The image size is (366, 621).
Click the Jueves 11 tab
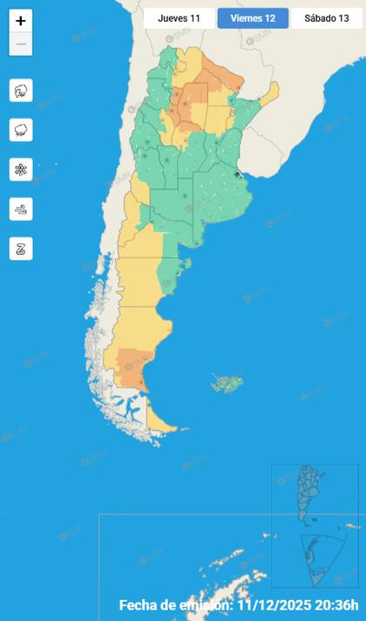click(179, 18)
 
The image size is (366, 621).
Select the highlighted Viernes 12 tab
click(253, 18)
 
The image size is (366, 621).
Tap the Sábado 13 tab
click(326, 18)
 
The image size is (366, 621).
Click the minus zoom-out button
click(21, 44)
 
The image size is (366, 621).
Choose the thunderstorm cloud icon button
click(21, 91)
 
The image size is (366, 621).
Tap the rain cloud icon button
click(21, 130)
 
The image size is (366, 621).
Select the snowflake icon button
click(21, 169)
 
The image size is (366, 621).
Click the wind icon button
click(21, 208)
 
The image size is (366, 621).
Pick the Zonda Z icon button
click(21, 248)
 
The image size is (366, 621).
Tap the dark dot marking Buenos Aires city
click(237, 174)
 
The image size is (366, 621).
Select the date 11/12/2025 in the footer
click(277, 605)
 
